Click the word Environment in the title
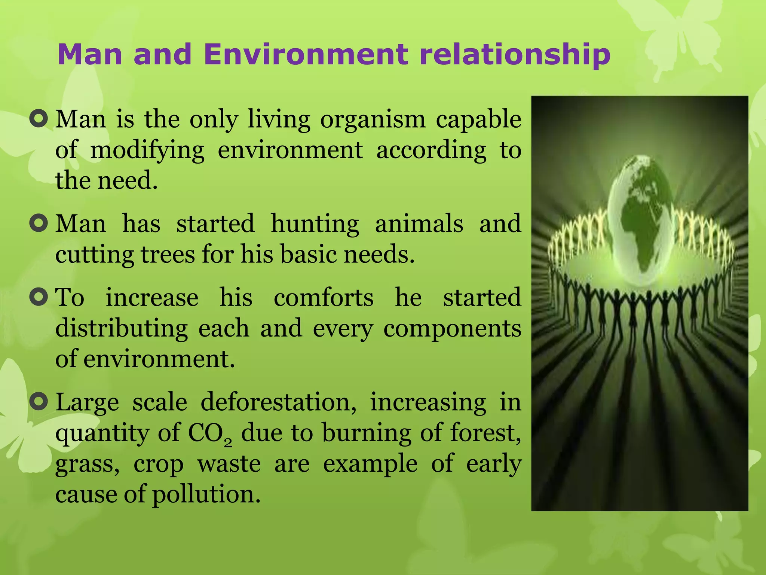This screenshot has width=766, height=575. click(x=306, y=54)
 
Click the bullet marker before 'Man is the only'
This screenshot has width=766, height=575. click(x=39, y=119)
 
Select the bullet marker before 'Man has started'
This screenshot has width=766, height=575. click(x=39, y=223)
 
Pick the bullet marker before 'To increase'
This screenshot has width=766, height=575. click(x=39, y=297)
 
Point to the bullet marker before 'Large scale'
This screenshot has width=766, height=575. click(x=39, y=402)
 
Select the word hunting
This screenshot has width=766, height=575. click(x=315, y=224)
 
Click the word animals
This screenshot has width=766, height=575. click(x=419, y=223)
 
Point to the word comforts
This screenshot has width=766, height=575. click(x=324, y=298)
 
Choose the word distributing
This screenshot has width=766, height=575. click(x=122, y=329)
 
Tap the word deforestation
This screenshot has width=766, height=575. click(x=278, y=403)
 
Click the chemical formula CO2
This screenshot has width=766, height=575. click(x=209, y=434)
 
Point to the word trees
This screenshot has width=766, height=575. click(x=168, y=255)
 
